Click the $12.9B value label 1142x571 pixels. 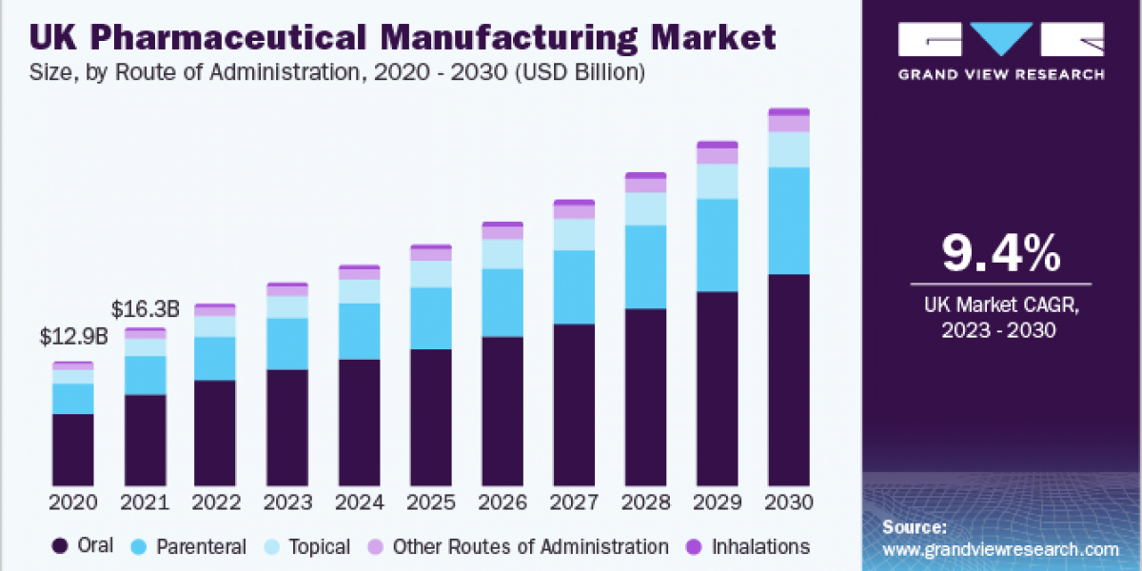[x=74, y=337]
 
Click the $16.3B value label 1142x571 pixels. [x=146, y=309]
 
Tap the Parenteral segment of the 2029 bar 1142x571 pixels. [x=717, y=245]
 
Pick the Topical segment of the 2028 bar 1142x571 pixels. [x=645, y=208]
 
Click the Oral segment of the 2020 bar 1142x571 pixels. [x=73, y=449]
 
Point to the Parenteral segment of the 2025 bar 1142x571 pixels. [x=431, y=318]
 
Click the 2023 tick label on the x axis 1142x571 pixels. [x=287, y=502]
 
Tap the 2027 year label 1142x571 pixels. [x=574, y=502]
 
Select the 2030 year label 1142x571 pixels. [x=789, y=502]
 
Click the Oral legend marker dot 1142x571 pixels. [x=61, y=546]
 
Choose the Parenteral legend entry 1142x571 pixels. [x=189, y=546]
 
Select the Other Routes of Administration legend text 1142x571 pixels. [x=530, y=546]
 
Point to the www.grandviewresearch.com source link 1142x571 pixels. [x=1000, y=549]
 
